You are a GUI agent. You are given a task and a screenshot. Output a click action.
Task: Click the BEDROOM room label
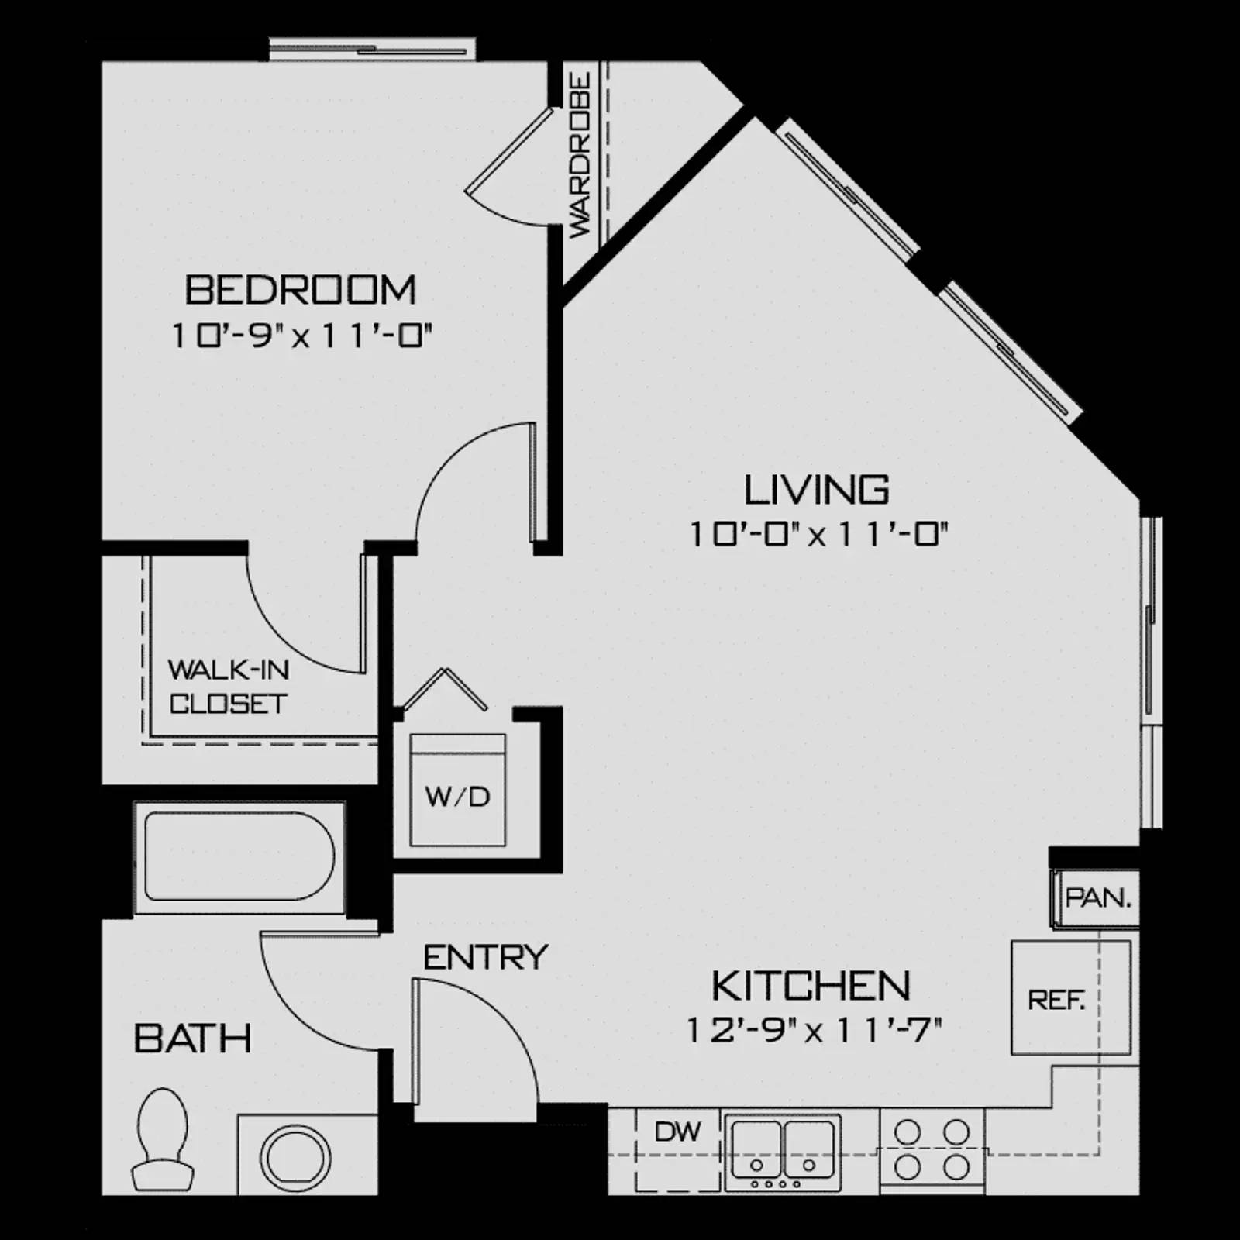(301, 290)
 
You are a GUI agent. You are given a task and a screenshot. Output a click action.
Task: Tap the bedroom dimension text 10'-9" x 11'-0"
(301, 336)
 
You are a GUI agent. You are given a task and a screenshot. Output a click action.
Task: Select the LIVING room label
(817, 490)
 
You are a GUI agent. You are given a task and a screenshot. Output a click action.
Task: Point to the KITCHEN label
(811, 986)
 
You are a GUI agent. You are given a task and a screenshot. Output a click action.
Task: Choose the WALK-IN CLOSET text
(229, 687)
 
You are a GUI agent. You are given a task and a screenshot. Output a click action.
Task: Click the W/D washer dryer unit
(458, 790)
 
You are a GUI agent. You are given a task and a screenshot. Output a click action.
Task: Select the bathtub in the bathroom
(239, 856)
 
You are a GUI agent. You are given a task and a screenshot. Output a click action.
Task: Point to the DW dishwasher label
(677, 1132)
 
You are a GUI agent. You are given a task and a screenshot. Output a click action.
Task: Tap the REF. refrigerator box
(1056, 999)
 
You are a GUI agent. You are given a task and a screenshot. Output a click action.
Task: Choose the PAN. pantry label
(1098, 898)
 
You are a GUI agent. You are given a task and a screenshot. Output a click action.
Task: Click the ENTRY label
(486, 958)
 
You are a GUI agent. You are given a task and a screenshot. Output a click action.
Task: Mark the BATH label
(193, 1038)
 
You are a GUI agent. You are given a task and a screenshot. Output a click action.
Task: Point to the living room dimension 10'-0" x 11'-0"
(819, 535)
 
